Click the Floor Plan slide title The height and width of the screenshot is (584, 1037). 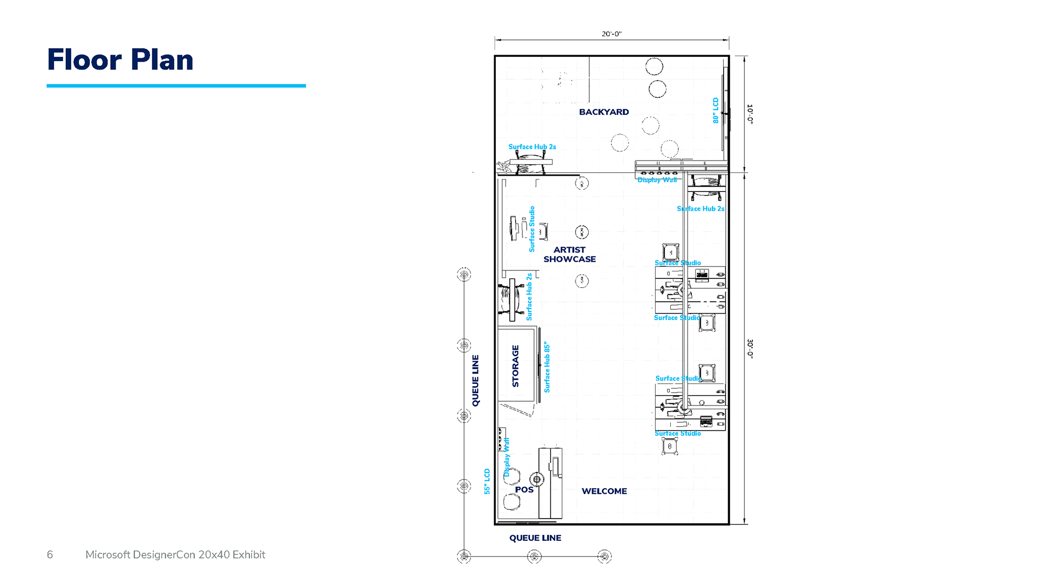click(x=120, y=59)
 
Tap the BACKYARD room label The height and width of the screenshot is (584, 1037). click(x=604, y=112)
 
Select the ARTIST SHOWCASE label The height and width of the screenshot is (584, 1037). click(x=569, y=254)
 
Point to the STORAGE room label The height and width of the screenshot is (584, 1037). click(x=515, y=366)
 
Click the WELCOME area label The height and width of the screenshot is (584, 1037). click(x=604, y=491)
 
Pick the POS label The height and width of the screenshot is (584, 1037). click(x=524, y=489)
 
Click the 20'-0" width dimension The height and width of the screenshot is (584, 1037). click(x=611, y=34)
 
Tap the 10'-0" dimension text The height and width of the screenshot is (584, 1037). click(x=750, y=114)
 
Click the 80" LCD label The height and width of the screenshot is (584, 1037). click(x=716, y=110)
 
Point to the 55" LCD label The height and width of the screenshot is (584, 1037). click(x=487, y=481)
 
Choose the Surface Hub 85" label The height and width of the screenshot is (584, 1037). click(x=547, y=367)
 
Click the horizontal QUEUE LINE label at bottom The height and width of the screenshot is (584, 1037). click(x=535, y=537)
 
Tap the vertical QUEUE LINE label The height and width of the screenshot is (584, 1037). click(x=475, y=380)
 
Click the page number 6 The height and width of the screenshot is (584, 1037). click(x=50, y=555)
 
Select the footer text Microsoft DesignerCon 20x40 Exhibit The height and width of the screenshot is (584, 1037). click(x=175, y=555)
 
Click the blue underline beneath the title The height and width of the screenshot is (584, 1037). click(x=176, y=85)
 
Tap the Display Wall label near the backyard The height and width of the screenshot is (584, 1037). click(x=657, y=180)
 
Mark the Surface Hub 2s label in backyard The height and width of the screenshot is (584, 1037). click(x=532, y=147)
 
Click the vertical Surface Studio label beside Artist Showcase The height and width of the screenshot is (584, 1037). click(x=532, y=229)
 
